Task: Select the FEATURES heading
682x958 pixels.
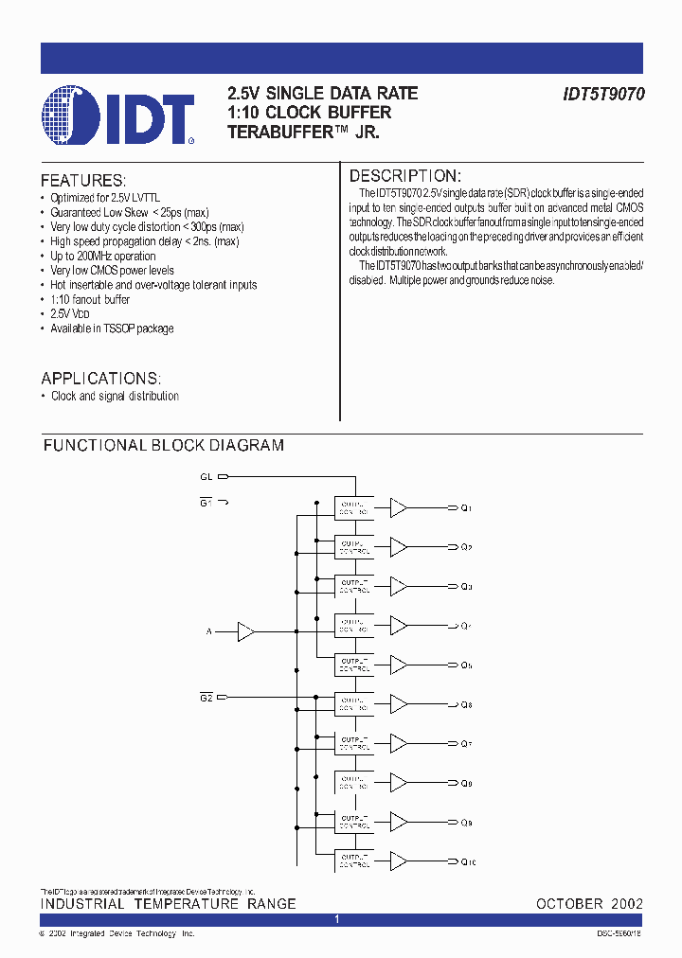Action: [83, 181]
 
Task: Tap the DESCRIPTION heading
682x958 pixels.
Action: [405, 176]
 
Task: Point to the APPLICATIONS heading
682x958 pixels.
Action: [101, 378]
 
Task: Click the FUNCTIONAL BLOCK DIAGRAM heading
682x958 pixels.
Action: [164, 445]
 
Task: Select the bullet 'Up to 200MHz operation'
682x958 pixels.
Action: [103, 256]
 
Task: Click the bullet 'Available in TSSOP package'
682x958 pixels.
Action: [112, 328]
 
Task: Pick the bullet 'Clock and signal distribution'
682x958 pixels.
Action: [115, 396]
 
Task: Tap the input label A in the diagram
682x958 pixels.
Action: [209, 631]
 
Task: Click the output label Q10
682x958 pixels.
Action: [467, 861]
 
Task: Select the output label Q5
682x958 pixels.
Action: [466, 665]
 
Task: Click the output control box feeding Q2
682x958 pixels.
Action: [354, 548]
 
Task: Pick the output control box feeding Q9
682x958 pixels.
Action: [354, 822]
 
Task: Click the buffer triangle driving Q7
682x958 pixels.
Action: [399, 744]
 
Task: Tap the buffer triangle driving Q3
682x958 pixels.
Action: [399, 587]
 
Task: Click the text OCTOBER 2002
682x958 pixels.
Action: [589, 904]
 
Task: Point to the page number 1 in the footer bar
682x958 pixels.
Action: [336, 920]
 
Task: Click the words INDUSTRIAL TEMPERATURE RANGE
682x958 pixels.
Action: [168, 904]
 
